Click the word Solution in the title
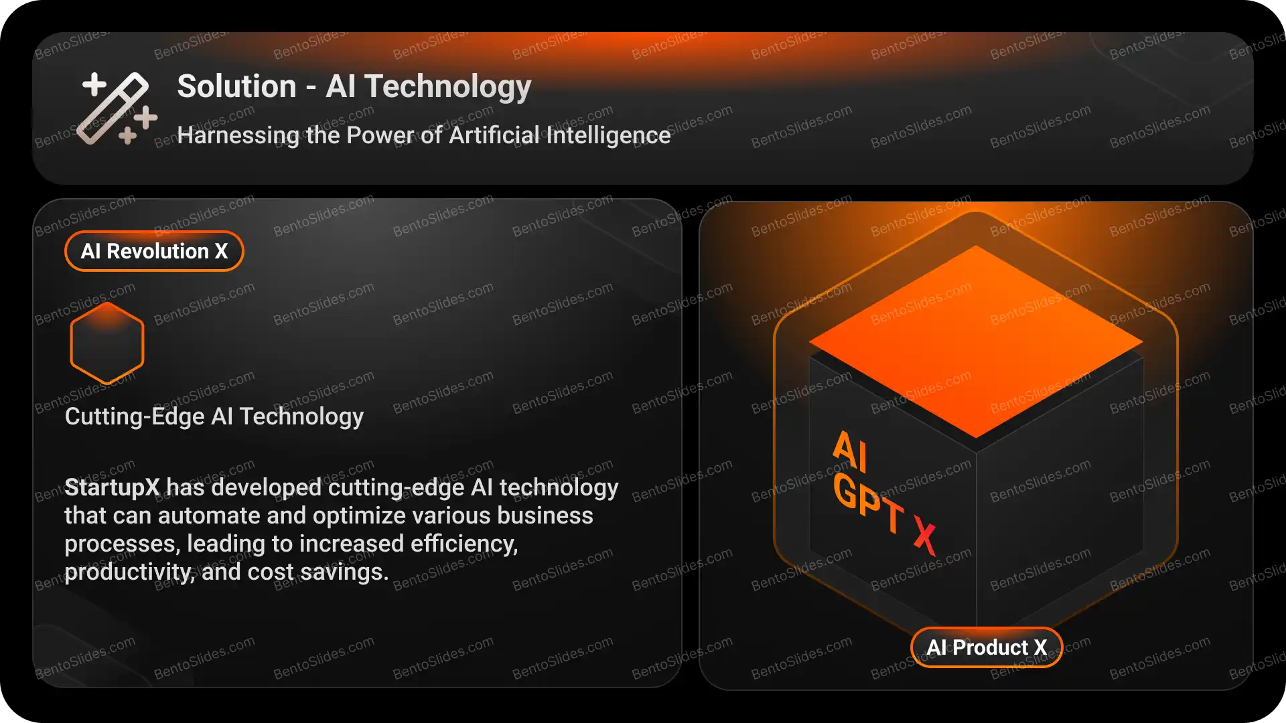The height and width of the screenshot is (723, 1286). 236,86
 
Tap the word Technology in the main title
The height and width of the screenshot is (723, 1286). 448,88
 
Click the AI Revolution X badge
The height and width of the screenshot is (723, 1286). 154,251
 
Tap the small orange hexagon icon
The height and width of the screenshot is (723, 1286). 107,342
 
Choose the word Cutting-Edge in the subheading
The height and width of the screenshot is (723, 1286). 135,416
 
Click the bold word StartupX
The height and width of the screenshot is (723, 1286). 112,487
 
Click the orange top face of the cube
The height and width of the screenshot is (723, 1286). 976,341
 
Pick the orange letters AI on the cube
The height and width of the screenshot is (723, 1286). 851,452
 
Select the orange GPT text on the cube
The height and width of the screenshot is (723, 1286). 869,502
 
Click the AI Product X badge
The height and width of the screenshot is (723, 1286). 987,647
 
